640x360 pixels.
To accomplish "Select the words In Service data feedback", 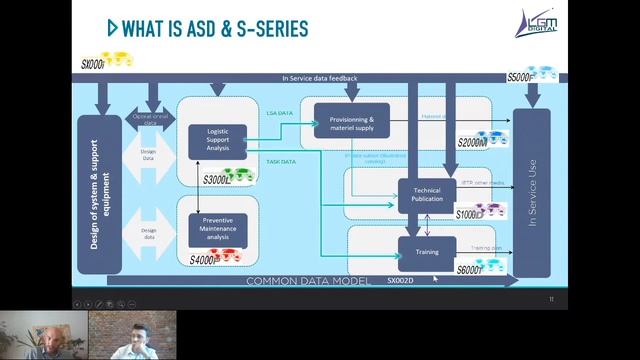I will point(319,78).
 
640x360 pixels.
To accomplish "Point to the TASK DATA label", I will point(281,161).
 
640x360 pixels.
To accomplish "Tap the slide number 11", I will point(551,299).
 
